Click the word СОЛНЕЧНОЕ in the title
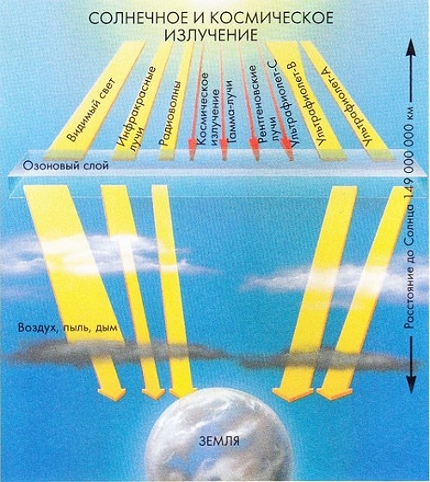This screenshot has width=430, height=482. [138, 18]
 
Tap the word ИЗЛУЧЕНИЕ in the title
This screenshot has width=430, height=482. [211, 34]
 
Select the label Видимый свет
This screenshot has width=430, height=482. [90, 109]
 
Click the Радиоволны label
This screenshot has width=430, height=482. [170, 113]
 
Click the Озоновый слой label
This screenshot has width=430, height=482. [66, 165]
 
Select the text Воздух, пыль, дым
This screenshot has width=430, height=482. [68, 327]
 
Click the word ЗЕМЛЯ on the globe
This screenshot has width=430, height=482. [219, 442]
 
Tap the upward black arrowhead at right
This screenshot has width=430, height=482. [411, 48]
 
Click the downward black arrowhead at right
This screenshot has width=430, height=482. [411, 384]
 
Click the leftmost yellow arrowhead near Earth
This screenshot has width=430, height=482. [112, 394]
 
